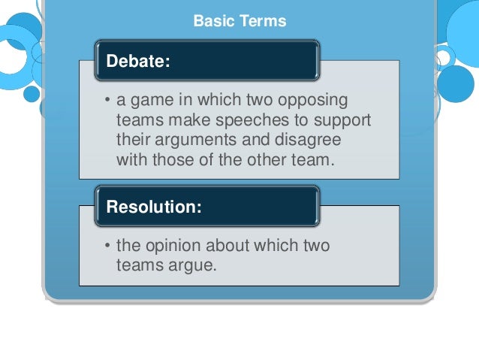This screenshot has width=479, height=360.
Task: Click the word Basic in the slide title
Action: [x=212, y=21]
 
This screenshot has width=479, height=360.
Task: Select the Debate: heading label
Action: [x=138, y=61]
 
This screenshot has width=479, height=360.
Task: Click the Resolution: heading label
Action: [x=154, y=207]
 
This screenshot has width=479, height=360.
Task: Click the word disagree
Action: [x=310, y=141]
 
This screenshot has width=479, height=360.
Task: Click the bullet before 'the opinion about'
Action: [x=107, y=246]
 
